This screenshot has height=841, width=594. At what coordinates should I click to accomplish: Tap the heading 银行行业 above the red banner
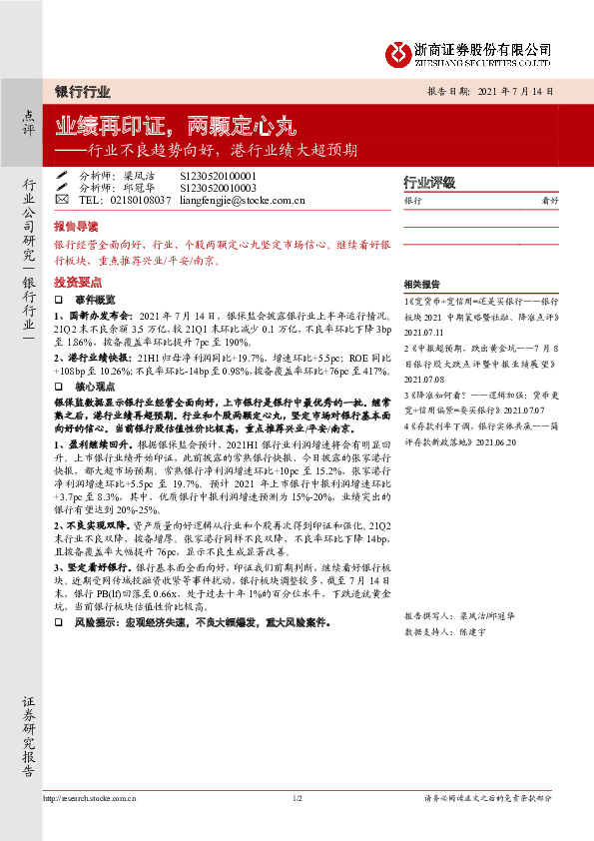pyautogui.click(x=82, y=91)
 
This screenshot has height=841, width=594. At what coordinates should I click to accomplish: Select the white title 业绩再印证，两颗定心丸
pyautogui.click(x=175, y=127)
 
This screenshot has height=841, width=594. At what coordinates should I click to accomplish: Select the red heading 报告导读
pyautogui.click(x=76, y=227)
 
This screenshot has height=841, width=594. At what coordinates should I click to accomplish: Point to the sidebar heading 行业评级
pyautogui.click(x=429, y=183)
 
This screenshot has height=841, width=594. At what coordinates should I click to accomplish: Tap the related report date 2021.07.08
pyautogui.click(x=425, y=380)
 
